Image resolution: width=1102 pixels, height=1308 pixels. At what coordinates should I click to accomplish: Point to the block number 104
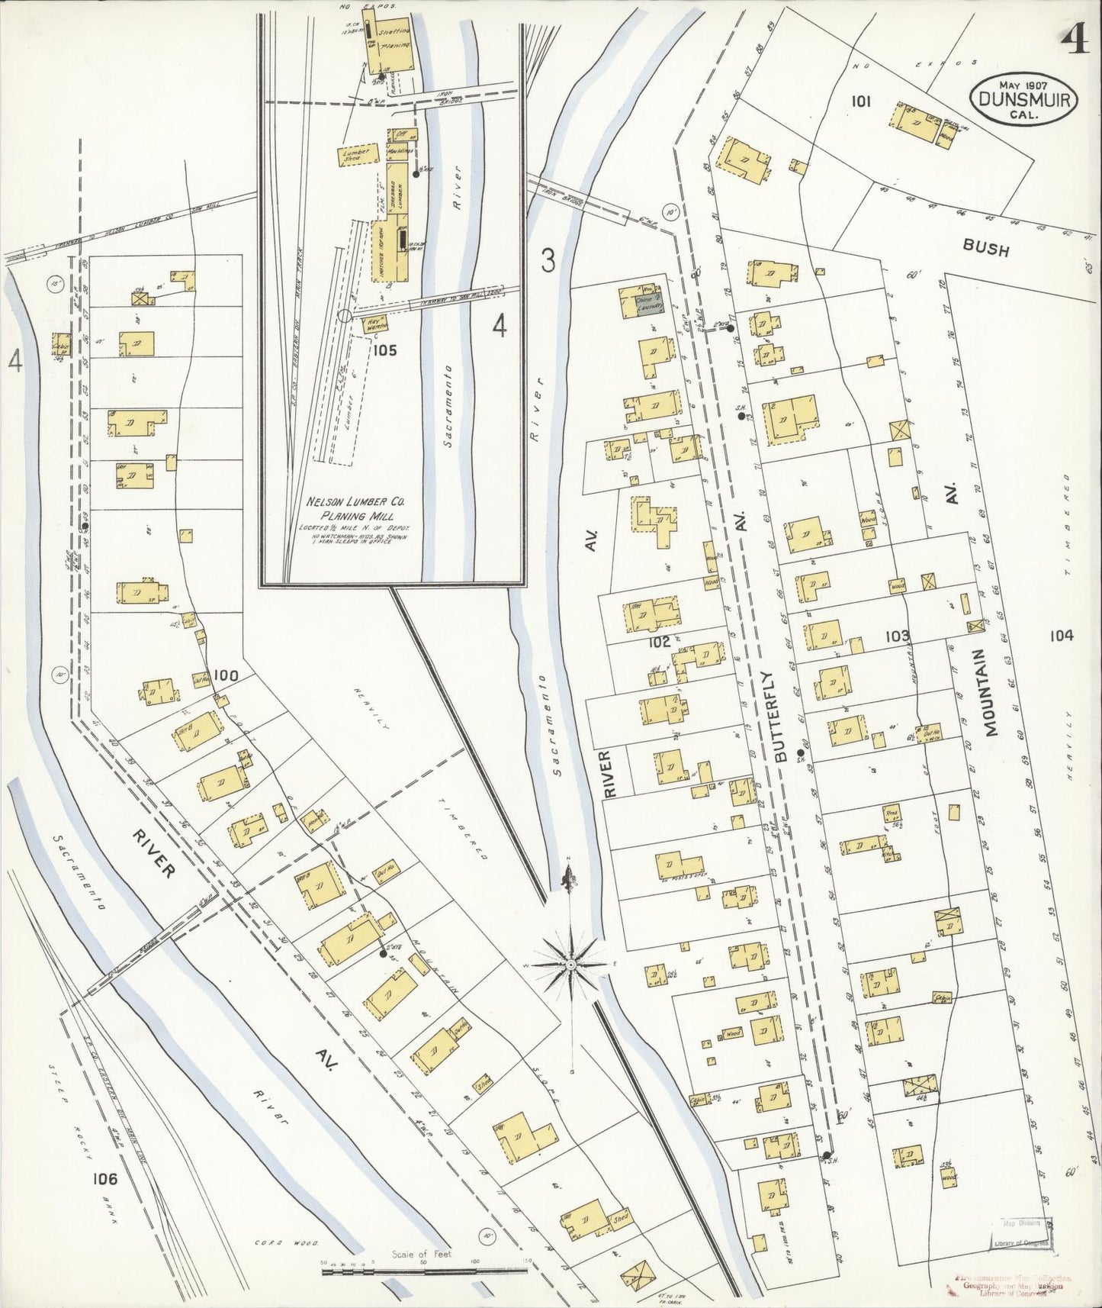coord(1060,635)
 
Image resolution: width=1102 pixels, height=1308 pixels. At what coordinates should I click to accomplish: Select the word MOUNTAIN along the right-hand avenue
coord(989,692)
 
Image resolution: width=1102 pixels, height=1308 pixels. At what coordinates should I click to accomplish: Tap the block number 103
coord(898,635)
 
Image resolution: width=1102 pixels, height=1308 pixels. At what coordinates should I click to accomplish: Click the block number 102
coord(659,642)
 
